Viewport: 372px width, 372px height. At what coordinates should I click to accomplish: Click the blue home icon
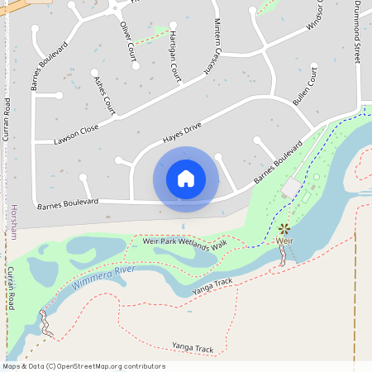pos(186,179)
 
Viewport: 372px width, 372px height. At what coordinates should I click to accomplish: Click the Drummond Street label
pos(358,34)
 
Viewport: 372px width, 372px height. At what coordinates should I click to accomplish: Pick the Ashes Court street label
pos(105,95)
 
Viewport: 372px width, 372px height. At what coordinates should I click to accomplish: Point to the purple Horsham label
pos(14,222)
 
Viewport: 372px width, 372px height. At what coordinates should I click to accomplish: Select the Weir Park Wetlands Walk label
pos(184,245)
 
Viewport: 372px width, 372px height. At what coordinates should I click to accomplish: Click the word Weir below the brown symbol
pos(284,241)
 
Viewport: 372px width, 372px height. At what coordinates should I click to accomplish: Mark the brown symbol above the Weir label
pos(284,228)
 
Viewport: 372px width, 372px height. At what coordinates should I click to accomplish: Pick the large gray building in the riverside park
pos(290,188)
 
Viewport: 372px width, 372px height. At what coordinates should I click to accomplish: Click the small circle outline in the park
pos(316,177)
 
